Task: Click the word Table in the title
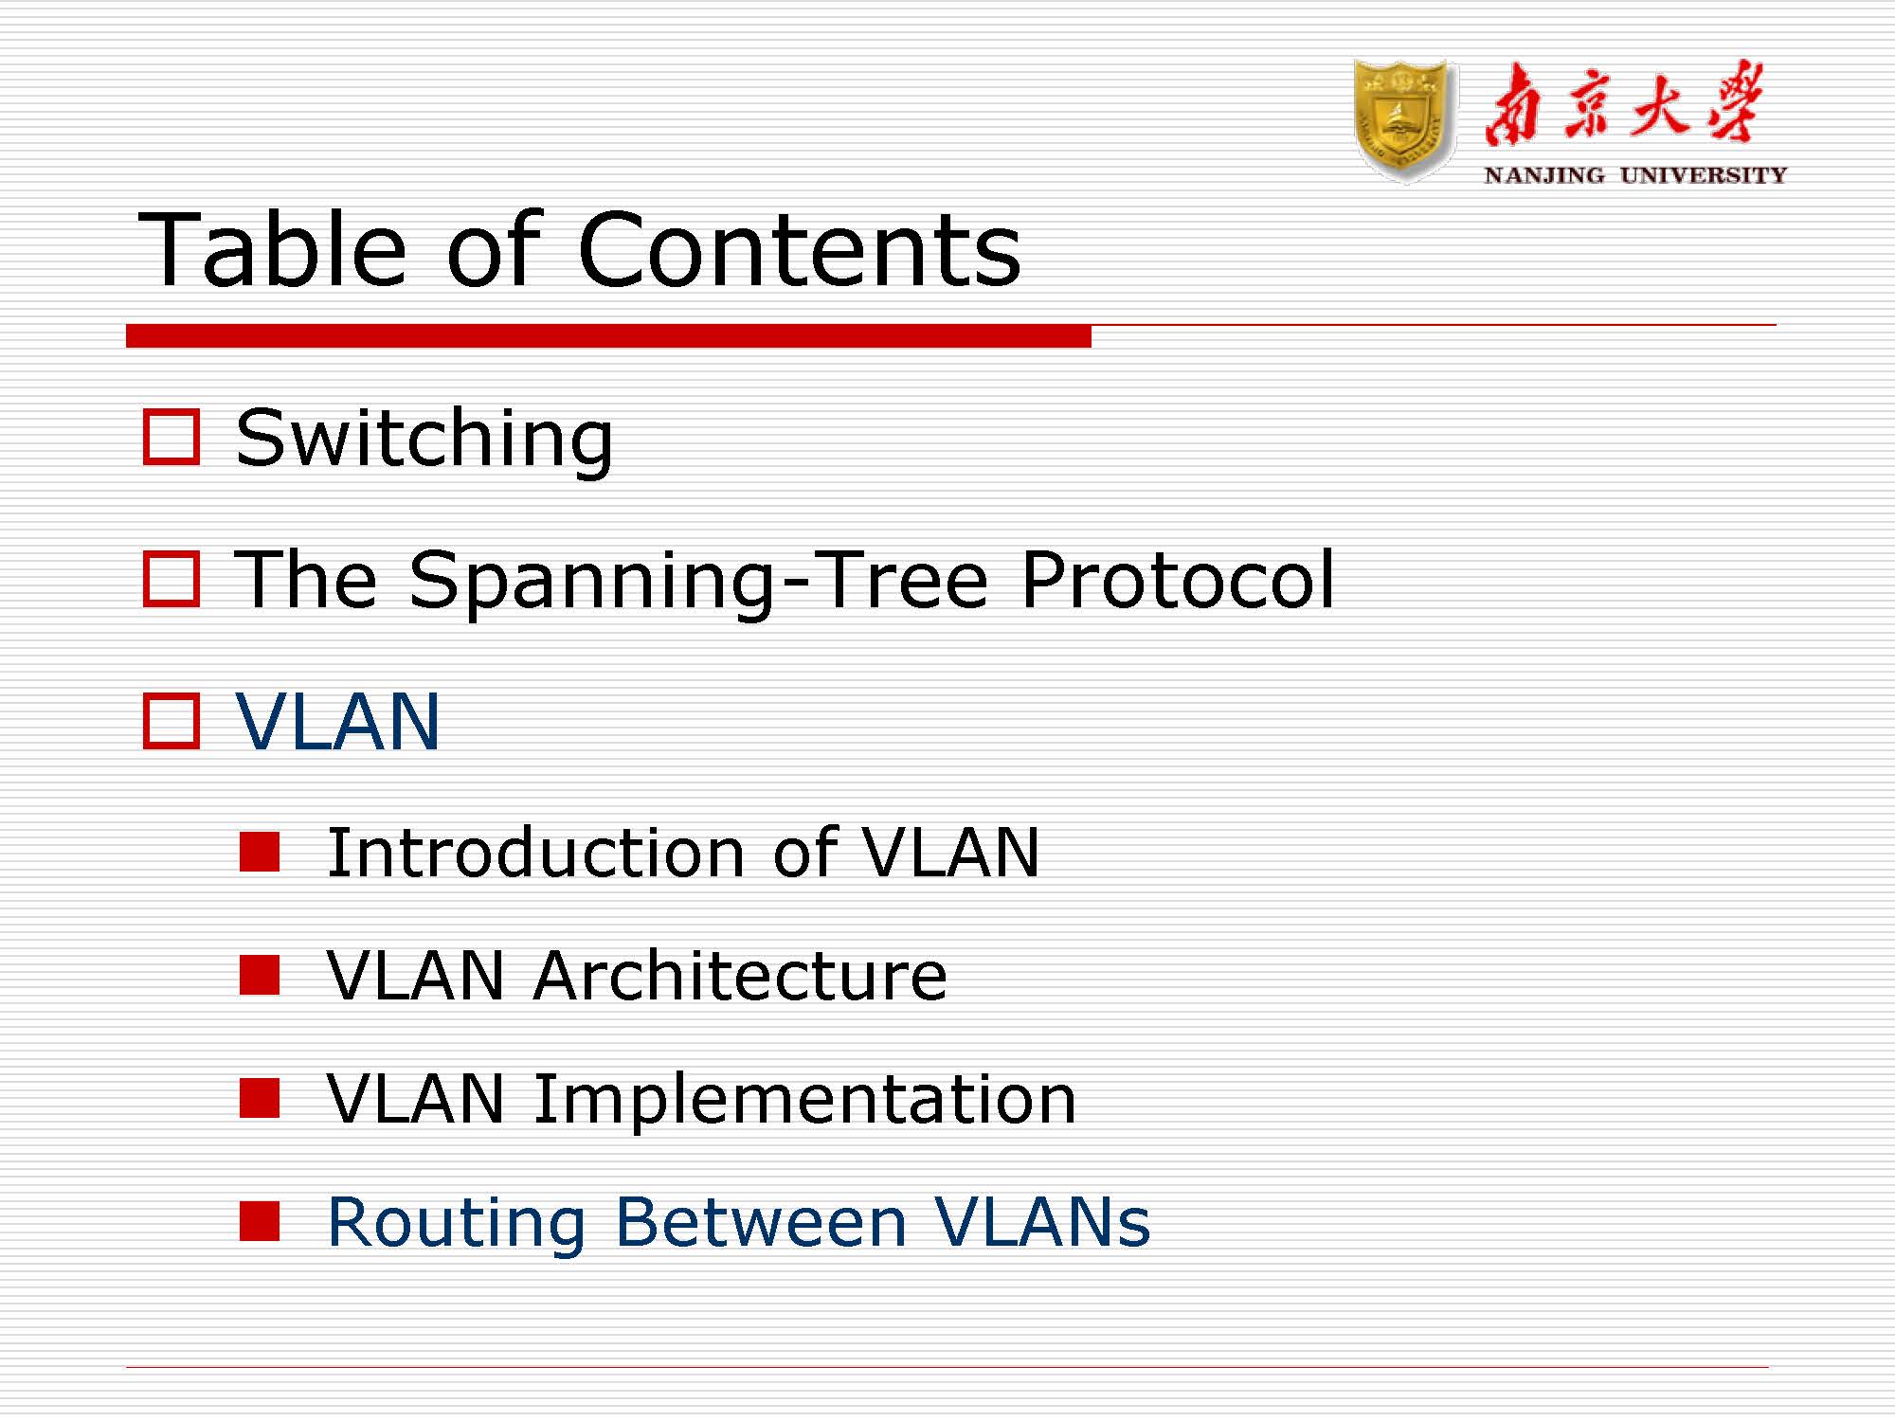tap(273, 249)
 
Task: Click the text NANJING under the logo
tap(1543, 175)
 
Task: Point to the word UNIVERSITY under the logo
tap(1703, 175)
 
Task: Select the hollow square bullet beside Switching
tap(171, 437)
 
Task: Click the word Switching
tap(424, 439)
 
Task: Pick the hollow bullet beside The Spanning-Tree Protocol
tap(171, 579)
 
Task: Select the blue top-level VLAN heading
tap(338, 722)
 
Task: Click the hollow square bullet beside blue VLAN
tap(171, 722)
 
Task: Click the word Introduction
tap(536, 853)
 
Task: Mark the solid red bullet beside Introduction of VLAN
tap(260, 852)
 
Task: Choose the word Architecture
tap(740, 976)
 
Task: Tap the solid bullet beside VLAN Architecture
tap(260, 975)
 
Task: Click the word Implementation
tap(805, 1099)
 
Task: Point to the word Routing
tap(456, 1222)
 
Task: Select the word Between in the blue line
tap(762, 1222)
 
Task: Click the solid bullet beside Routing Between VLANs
tap(260, 1221)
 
